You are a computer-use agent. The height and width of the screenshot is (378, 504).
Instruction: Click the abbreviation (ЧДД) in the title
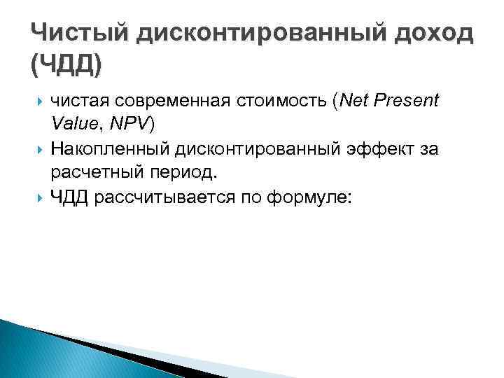coord(66,67)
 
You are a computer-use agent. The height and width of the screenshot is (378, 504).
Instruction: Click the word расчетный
coord(91,172)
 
